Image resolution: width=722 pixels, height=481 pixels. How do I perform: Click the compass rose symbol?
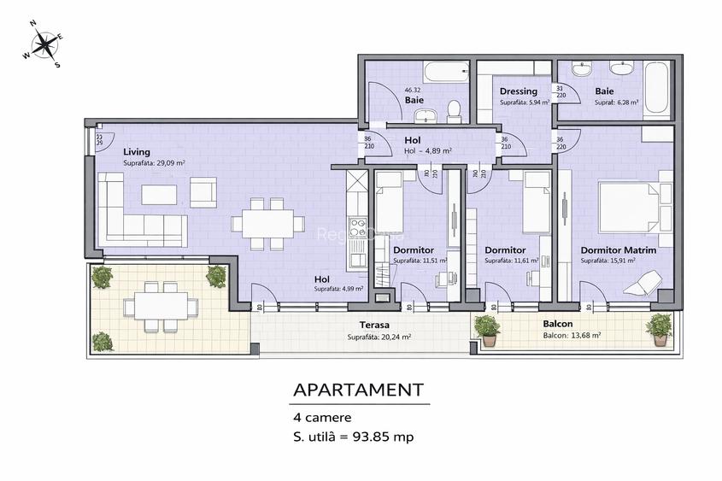(43, 43)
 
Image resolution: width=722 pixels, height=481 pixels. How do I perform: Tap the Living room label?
(137, 152)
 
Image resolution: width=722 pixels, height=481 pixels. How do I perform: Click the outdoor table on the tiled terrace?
(155, 304)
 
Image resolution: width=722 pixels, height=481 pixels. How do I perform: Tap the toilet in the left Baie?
(454, 109)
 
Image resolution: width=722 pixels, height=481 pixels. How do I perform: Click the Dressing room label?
(519, 91)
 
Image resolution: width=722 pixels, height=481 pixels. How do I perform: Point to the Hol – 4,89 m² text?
(427, 151)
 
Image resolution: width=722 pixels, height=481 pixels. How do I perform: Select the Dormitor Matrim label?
(619, 250)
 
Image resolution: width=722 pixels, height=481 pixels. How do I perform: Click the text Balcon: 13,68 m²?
(572, 336)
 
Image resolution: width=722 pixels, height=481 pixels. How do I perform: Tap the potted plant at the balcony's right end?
(659, 328)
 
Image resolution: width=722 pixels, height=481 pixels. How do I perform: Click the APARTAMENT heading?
(358, 390)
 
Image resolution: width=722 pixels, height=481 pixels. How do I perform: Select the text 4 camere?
(322, 418)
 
